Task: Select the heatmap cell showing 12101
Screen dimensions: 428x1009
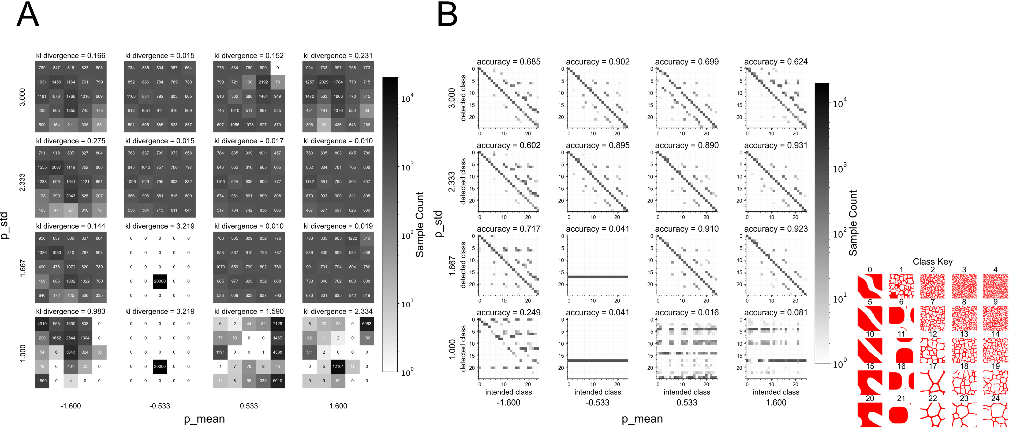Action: pos(338,366)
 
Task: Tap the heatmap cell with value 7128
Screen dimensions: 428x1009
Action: pos(277,324)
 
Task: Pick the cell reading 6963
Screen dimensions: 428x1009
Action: pos(367,324)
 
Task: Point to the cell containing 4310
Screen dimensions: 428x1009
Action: pos(42,324)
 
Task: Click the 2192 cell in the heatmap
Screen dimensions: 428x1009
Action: pos(263,82)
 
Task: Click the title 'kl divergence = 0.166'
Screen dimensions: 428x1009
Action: pos(70,56)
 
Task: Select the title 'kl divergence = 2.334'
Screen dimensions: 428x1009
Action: pos(338,311)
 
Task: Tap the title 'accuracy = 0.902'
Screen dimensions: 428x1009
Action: pos(598,62)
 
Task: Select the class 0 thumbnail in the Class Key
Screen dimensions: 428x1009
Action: pos(870,286)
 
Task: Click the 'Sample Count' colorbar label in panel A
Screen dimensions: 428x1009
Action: pos(420,224)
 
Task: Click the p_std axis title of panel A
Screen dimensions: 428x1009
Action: pos(5,225)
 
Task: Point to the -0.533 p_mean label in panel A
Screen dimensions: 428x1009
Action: pos(160,406)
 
